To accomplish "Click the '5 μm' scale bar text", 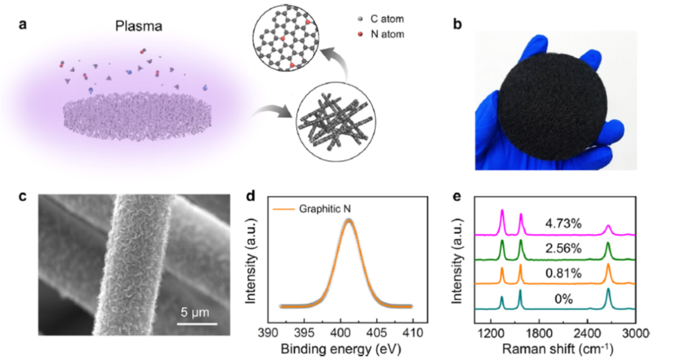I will tap(192, 312).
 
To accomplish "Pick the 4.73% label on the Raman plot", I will tap(563, 224).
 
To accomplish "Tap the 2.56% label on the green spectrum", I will tap(563, 249).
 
